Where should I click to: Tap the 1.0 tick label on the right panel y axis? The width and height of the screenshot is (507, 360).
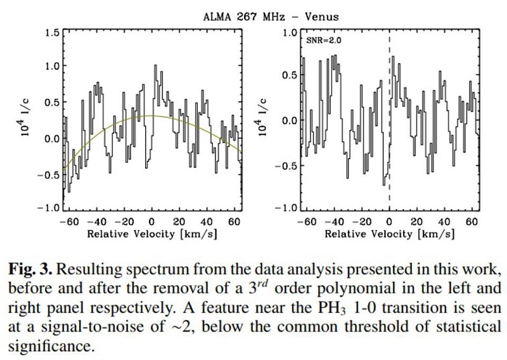click(291, 32)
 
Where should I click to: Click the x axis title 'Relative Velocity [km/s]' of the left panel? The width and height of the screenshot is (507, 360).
click(152, 234)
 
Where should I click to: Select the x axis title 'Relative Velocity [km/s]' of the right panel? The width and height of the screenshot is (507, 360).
click(389, 234)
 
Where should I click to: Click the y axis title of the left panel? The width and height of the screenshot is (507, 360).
click(27, 120)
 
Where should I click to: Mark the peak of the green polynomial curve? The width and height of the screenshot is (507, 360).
click(151, 115)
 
